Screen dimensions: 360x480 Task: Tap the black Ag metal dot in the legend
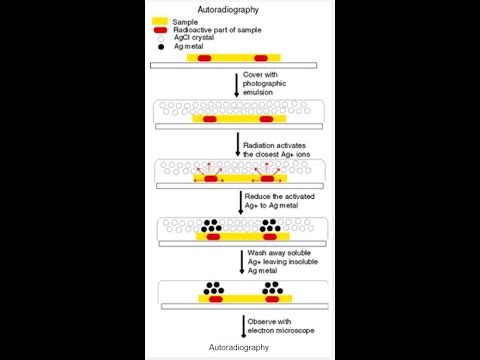click(161, 46)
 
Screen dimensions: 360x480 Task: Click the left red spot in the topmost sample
click(204, 59)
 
